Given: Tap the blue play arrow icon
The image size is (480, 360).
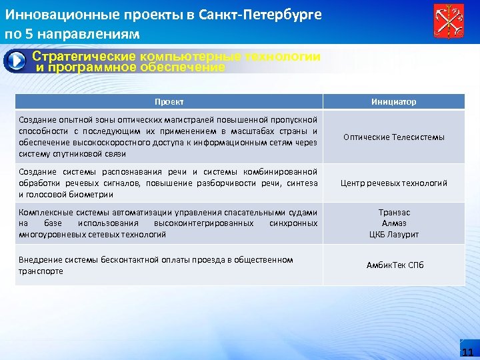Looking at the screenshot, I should pos(15,61).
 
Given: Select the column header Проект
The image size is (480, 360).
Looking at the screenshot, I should pos(169,102).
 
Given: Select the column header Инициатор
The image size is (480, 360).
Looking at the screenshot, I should pos(393,102).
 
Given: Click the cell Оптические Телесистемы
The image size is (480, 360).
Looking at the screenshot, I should pos(393,137).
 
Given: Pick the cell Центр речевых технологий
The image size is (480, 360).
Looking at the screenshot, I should pos(393,183).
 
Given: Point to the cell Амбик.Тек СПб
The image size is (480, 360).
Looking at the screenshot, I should pos(393,265).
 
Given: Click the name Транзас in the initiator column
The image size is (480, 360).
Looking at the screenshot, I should pos(394,212).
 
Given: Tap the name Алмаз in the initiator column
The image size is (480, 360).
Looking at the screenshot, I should pos(394,223).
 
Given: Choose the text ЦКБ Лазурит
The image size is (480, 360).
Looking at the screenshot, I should pos(394,235).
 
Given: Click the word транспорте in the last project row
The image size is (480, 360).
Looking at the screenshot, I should pos(41,271).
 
